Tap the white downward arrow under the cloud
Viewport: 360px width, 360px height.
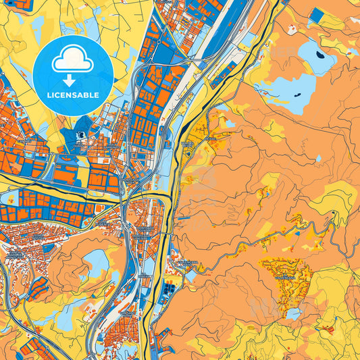[x=73, y=79]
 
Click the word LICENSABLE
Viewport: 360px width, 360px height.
[x=73, y=95]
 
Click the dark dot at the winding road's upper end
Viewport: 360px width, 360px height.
[x=334, y=213]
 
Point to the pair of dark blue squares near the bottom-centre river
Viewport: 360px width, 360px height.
[x=168, y=289]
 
